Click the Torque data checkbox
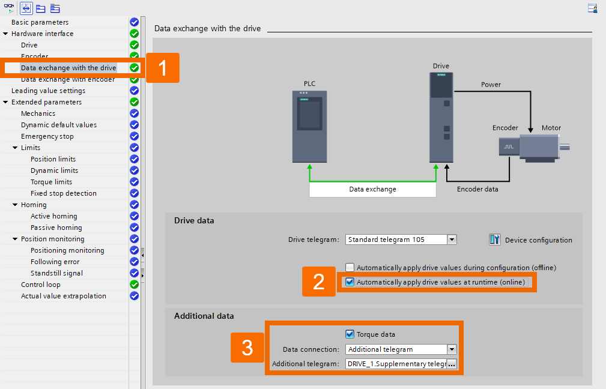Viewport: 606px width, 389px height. tap(350, 334)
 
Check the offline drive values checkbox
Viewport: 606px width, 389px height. tap(350, 268)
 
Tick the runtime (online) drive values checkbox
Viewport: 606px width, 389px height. tap(350, 282)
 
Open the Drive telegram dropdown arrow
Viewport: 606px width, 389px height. tap(452, 240)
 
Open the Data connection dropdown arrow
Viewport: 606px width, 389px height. tap(452, 349)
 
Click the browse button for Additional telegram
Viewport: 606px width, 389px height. tap(452, 364)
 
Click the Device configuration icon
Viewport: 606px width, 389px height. tap(495, 240)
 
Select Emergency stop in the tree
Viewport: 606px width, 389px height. tap(47, 136)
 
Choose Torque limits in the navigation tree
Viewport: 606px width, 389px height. tap(51, 182)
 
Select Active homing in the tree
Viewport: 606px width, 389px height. tap(54, 216)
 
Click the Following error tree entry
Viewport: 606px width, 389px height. tap(55, 262)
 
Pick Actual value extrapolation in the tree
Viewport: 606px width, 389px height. tap(64, 296)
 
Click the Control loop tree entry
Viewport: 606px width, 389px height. tap(41, 285)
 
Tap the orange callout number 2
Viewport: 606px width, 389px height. tap(319, 282)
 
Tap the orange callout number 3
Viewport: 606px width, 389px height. tap(247, 348)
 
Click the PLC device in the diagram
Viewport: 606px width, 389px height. tap(310, 126)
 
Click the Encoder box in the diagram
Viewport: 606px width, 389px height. tap(508, 146)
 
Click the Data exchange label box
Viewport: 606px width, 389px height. tap(372, 189)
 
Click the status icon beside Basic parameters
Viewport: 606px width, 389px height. tap(135, 22)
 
